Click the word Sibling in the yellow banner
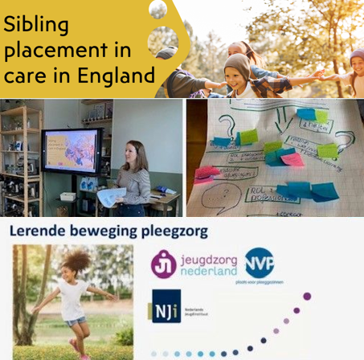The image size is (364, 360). pos(36,25)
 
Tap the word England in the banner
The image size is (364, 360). pos(121,78)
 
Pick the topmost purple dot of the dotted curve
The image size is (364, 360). pos(306,297)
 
